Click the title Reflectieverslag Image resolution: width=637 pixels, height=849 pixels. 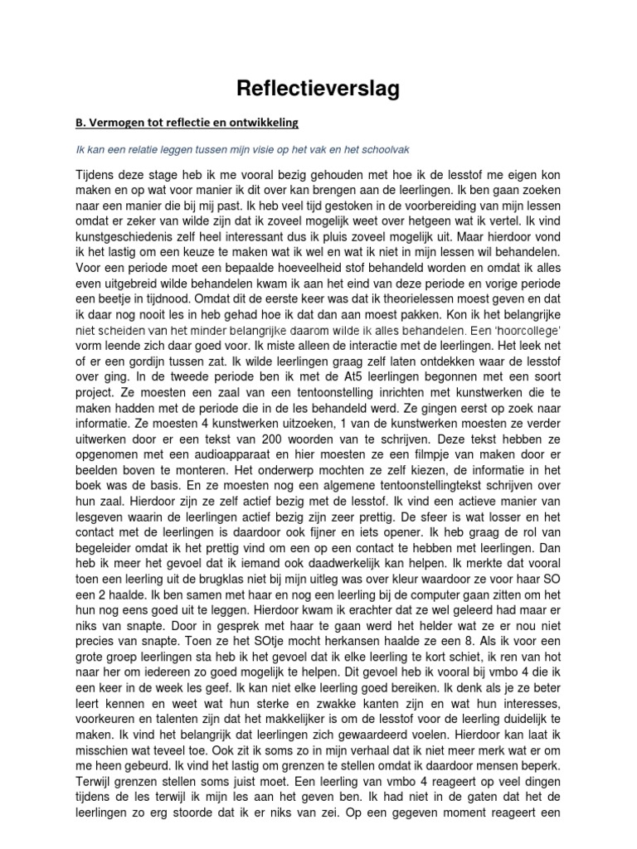click(x=318, y=90)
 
